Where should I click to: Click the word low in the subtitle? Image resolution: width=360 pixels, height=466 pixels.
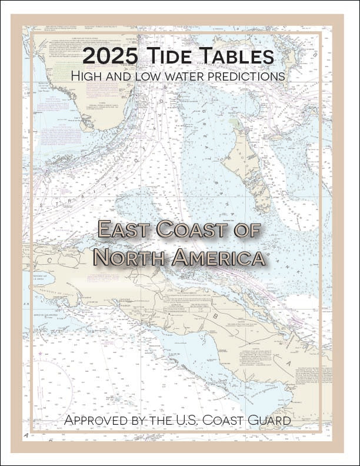[x=150, y=76]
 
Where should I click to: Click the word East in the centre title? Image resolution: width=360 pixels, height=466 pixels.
[x=126, y=229]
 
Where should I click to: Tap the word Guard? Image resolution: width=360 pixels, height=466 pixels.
[x=275, y=421]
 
